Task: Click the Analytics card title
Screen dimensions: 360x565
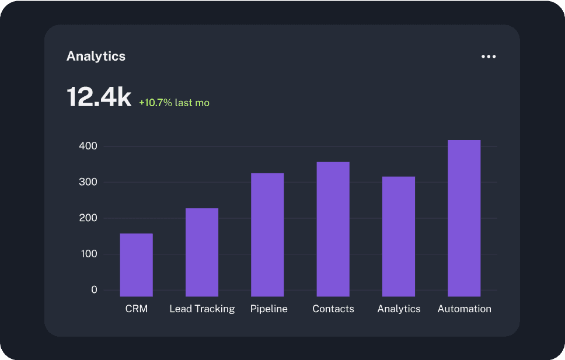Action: [96, 56]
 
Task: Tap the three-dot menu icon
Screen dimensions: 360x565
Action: [489, 57]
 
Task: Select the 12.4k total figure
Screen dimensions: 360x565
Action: [99, 97]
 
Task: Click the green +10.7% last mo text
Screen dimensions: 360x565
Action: [174, 103]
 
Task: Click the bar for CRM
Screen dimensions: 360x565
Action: [137, 265]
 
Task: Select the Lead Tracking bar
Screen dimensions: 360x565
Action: [202, 252]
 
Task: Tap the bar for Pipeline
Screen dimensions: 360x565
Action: [267, 235]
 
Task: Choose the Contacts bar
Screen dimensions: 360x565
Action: [333, 229]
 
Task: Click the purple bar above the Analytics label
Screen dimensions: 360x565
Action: [399, 236]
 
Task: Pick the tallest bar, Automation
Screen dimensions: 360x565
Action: [464, 218]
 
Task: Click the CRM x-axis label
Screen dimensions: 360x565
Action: [137, 309]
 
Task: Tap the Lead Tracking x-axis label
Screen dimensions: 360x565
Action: [202, 309]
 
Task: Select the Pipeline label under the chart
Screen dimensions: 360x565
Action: [269, 309]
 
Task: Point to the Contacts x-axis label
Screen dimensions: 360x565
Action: [333, 309]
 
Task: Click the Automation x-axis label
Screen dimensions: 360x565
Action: [465, 309]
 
